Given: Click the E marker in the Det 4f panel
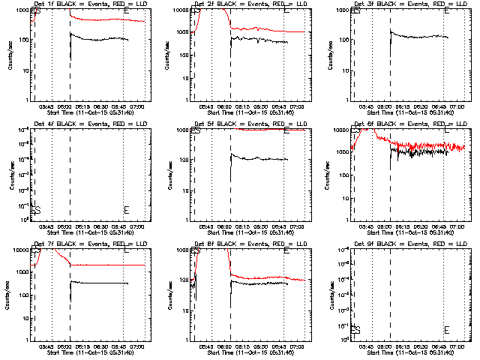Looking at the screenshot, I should [x=126, y=210].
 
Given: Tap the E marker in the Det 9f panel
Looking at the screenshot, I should [x=446, y=330].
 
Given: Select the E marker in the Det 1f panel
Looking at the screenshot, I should [x=126, y=11].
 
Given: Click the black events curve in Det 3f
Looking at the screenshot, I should [x=420, y=36].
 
